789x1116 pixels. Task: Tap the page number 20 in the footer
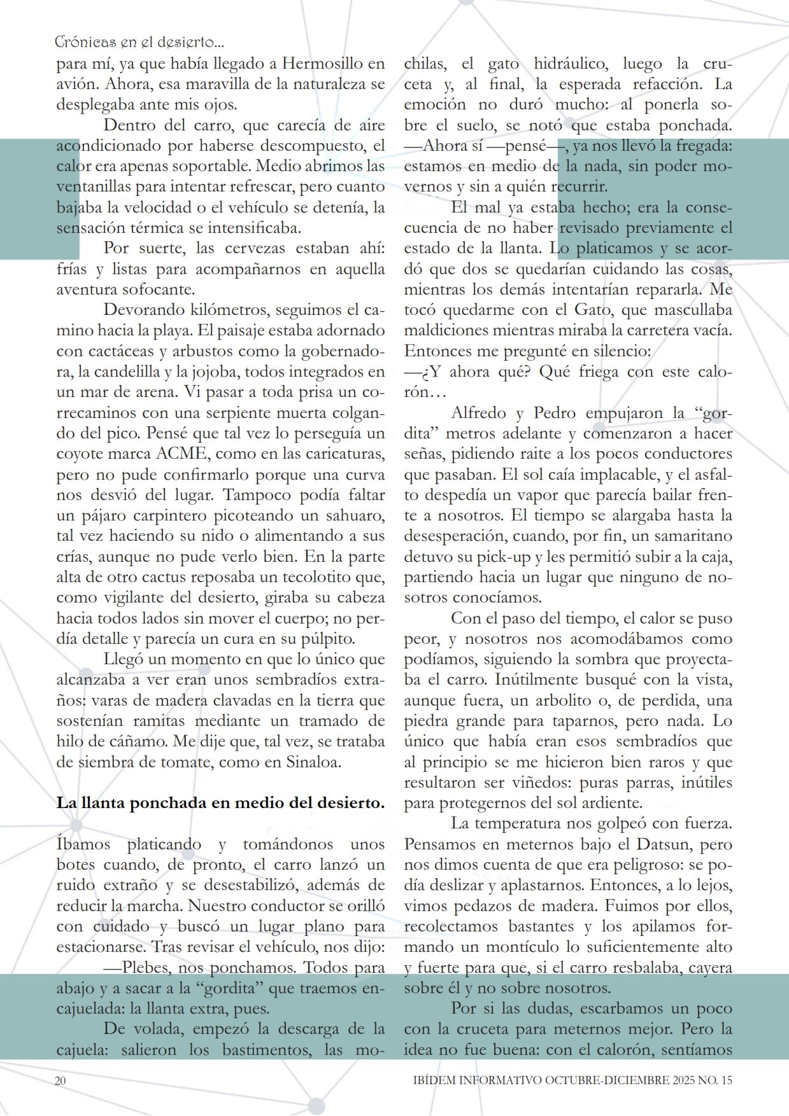[61, 1080]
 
